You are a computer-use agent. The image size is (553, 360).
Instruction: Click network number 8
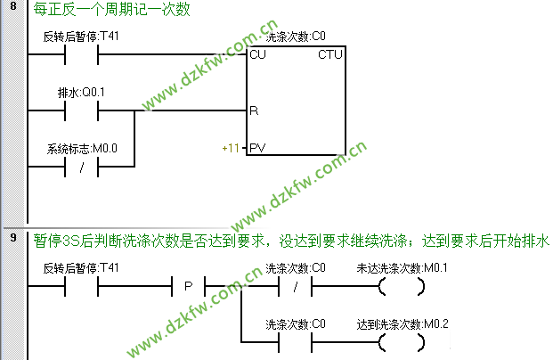tap(12, 10)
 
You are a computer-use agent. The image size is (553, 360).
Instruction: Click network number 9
tap(12, 239)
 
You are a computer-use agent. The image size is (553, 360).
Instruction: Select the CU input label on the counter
tap(258, 55)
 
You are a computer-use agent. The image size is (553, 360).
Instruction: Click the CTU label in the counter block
tap(329, 55)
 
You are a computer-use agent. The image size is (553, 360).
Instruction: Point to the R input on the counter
tap(254, 112)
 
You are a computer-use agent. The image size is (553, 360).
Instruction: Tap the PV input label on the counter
tap(257, 147)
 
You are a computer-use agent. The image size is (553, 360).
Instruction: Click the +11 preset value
tap(232, 147)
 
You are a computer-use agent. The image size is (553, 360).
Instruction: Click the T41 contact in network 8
tap(82, 55)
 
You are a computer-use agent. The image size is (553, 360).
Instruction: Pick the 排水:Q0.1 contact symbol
tap(82, 112)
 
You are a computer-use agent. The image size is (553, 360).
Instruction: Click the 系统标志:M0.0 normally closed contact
tap(82, 167)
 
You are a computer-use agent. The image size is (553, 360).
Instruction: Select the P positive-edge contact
tap(188, 287)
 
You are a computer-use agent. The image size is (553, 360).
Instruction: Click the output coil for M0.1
tap(400, 287)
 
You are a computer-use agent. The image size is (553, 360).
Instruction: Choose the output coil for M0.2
tap(400, 340)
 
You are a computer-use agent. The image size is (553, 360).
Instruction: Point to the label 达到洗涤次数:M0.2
tap(402, 322)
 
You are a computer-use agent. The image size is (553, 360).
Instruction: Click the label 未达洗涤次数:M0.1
tap(402, 268)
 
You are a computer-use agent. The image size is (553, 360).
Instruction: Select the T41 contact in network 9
tap(82, 287)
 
